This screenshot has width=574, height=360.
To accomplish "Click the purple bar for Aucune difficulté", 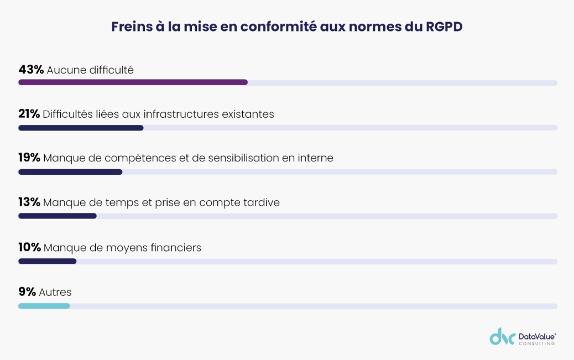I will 133,82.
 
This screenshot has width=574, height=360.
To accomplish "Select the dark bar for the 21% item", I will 81,128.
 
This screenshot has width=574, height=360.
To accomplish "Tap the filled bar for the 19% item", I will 70,172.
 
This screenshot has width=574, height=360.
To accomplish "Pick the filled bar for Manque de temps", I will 58,216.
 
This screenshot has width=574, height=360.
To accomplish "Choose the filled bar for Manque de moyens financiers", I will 47,261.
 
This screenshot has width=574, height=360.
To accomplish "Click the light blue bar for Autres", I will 44,306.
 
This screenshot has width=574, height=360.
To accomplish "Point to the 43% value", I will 31,70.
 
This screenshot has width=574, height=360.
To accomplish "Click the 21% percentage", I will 29,114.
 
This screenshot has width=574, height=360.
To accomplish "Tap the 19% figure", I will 29,158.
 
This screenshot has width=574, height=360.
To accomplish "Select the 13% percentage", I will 29,202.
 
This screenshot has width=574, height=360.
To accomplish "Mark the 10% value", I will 29,248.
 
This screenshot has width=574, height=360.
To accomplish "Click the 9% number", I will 27,293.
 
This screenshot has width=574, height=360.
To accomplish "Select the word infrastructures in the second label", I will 181,114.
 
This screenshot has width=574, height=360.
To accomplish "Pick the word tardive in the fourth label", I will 261,202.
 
